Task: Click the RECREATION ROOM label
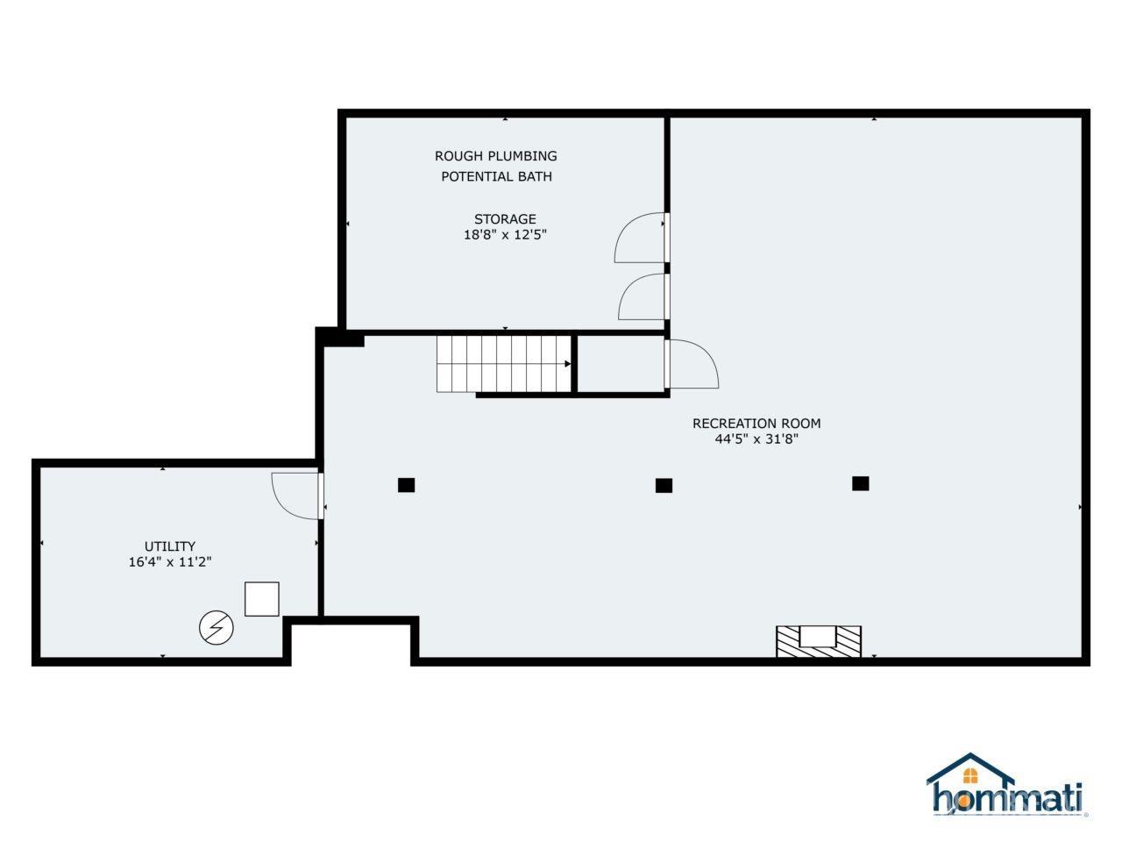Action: click(x=756, y=424)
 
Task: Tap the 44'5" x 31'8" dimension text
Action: click(x=756, y=439)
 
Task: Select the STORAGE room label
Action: click(x=505, y=219)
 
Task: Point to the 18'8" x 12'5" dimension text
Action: click(x=505, y=235)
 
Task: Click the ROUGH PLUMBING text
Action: click(x=495, y=156)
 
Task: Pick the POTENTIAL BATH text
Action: click(x=496, y=176)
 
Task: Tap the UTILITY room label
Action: click(x=170, y=546)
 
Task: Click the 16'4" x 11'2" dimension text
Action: click(x=170, y=562)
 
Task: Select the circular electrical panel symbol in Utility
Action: click(x=217, y=628)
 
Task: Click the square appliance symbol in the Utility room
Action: click(x=261, y=599)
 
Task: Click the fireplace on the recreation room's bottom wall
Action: click(x=819, y=640)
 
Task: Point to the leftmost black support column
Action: click(x=406, y=485)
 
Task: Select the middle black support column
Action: click(x=664, y=485)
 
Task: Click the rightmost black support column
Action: click(x=860, y=483)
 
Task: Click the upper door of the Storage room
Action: click(x=641, y=238)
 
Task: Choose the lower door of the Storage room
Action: click(x=643, y=297)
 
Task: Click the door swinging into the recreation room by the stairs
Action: click(x=692, y=364)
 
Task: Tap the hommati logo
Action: click(x=1006, y=787)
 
